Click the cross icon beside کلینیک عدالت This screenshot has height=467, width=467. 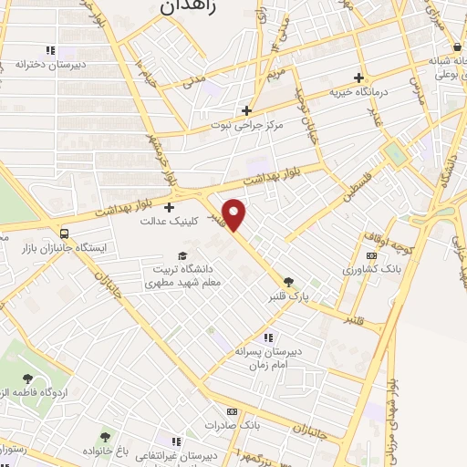(170, 208)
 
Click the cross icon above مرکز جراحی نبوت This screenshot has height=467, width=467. (246, 110)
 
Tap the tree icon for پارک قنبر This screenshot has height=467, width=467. (289, 282)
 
